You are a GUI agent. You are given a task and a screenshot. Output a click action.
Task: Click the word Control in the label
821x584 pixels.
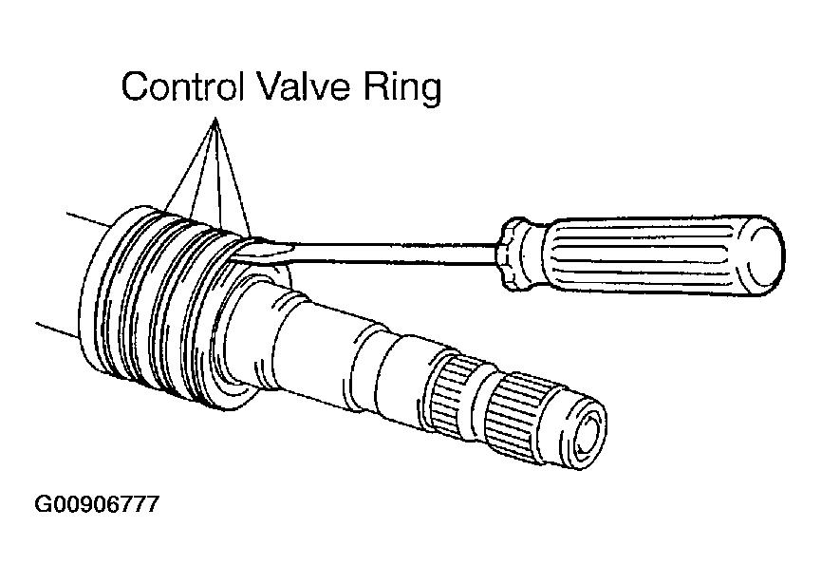[183, 85]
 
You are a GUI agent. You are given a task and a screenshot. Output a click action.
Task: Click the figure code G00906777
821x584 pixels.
[97, 504]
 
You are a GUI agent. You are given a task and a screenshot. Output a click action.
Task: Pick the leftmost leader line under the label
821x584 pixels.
[190, 163]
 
